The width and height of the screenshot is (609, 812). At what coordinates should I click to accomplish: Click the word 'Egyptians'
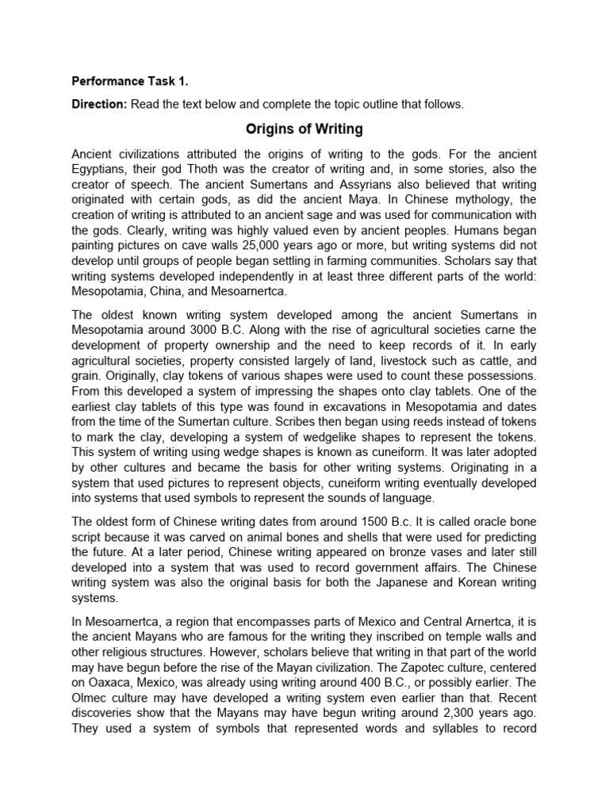100,169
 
